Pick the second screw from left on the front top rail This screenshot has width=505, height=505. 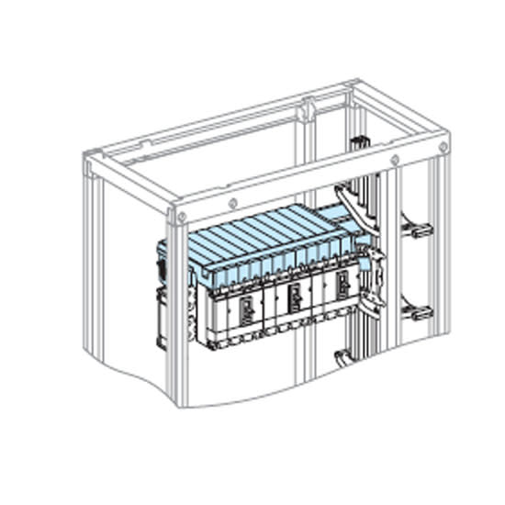236,202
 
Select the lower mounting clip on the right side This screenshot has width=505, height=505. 419,312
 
